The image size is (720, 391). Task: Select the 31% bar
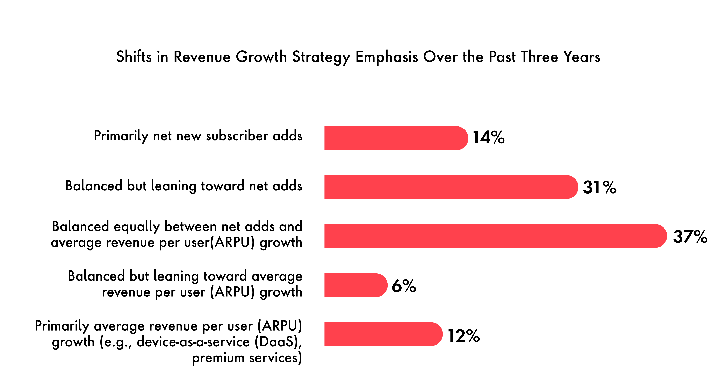pos(451,187)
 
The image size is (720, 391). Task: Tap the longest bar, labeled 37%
pos(495,236)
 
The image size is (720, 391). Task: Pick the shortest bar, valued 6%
pos(355,285)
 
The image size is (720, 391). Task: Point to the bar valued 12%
pos(383,334)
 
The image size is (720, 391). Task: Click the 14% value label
pos(489,138)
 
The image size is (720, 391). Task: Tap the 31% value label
pos(599,187)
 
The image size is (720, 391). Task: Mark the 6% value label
pos(404,286)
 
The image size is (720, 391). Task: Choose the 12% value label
pos(464,335)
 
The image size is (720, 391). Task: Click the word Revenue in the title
pos(202,57)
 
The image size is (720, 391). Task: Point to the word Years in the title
pos(582,57)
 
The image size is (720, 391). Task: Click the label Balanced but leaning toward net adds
pos(184,186)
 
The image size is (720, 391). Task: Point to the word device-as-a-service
pos(193,342)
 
